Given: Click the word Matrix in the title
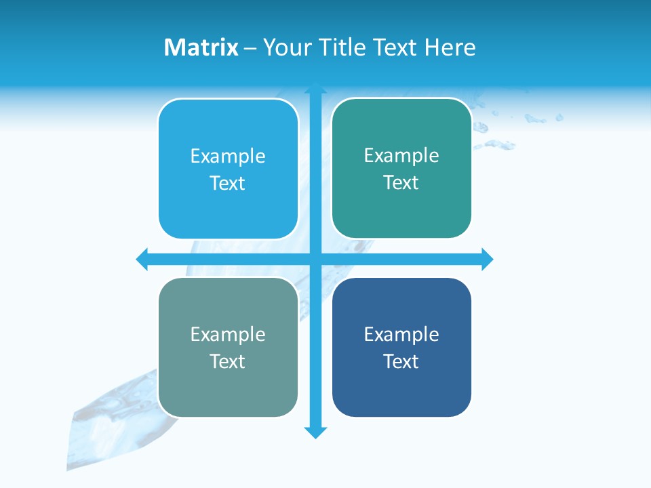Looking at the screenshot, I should click(201, 47).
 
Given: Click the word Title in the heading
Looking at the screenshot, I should click(342, 47).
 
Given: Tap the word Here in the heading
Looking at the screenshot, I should click(450, 47).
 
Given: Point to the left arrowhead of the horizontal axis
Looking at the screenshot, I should click(142, 259).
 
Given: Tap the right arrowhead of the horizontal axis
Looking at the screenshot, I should click(487, 259).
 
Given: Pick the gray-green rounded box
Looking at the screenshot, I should click(228, 393).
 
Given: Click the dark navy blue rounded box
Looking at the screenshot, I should click(401, 393).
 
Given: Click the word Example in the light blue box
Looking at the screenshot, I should click(228, 157).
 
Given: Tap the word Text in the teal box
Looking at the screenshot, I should click(401, 183).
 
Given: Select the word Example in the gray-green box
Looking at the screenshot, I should click(228, 335).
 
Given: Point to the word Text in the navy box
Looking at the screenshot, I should click(401, 361).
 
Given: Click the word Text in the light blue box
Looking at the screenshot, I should click(227, 184).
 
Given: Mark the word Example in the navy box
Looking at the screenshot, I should click(401, 335).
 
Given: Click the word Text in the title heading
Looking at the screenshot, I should click(396, 47).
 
